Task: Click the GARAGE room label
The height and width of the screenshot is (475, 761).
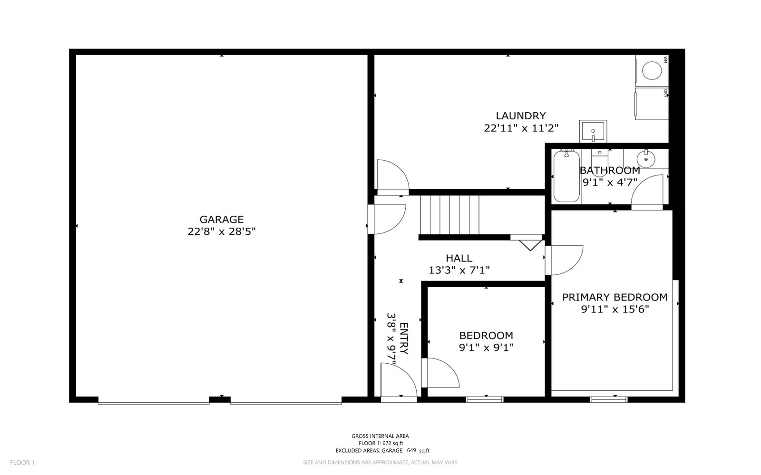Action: coord(221,220)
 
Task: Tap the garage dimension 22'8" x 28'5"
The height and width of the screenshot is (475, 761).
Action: coord(221,232)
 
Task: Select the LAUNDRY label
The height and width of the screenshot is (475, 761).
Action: coord(520,116)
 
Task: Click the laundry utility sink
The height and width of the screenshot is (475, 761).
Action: coord(593,131)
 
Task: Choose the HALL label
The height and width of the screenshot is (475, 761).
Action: coord(459,258)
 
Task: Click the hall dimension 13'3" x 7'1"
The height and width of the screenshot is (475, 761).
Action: coord(459,271)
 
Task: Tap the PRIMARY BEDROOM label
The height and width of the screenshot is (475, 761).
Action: coord(615,297)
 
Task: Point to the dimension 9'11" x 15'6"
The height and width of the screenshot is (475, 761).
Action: coord(615,310)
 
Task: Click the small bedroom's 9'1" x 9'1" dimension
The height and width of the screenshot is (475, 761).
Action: coord(486,348)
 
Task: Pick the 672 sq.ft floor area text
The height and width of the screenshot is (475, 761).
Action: coord(380,443)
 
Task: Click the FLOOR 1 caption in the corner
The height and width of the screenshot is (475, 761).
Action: coord(22,463)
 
